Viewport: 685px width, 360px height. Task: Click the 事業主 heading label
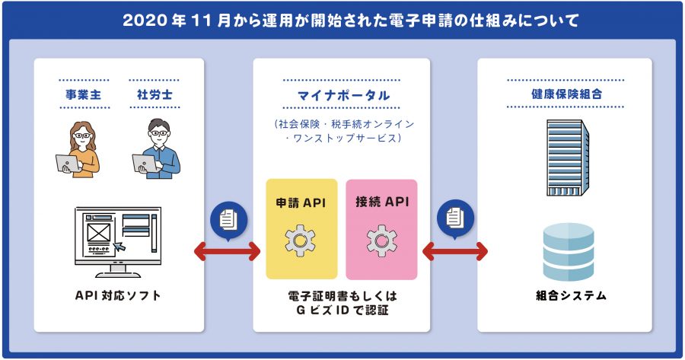(x=83, y=94)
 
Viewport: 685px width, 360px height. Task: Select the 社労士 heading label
(x=155, y=94)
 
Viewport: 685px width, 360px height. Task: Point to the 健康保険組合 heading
(x=566, y=94)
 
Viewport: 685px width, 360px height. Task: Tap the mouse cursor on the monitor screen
(x=119, y=247)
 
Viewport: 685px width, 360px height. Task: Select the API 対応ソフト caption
(x=118, y=296)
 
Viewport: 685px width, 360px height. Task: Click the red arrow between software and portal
(x=227, y=251)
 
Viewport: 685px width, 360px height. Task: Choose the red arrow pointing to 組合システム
(x=455, y=251)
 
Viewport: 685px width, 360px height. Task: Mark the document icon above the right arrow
(x=455, y=218)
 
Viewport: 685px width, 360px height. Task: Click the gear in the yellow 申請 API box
(x=300, y=241)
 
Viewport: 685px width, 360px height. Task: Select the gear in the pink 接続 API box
(x=381, y=241)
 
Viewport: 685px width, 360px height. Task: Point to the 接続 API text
(x=382, y=202)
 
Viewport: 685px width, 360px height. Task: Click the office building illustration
(x=568, y=158)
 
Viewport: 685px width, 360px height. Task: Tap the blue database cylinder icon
(x=569, y=252)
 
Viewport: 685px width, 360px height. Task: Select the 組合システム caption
(x=571, y=296)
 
